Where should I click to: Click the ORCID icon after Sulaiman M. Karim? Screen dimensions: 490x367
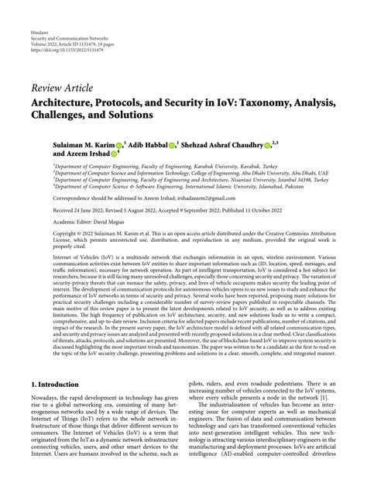click(x=118, y=144)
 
